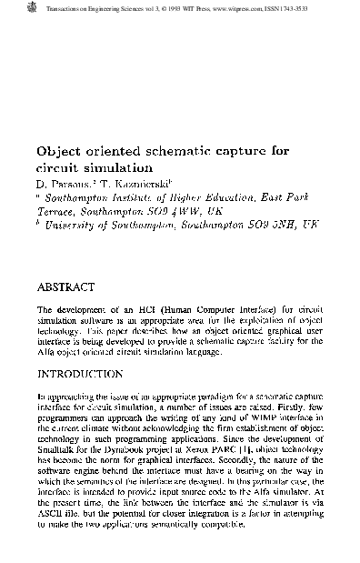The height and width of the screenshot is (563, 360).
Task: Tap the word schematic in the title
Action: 165,153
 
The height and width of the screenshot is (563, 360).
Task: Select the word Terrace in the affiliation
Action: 56,209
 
